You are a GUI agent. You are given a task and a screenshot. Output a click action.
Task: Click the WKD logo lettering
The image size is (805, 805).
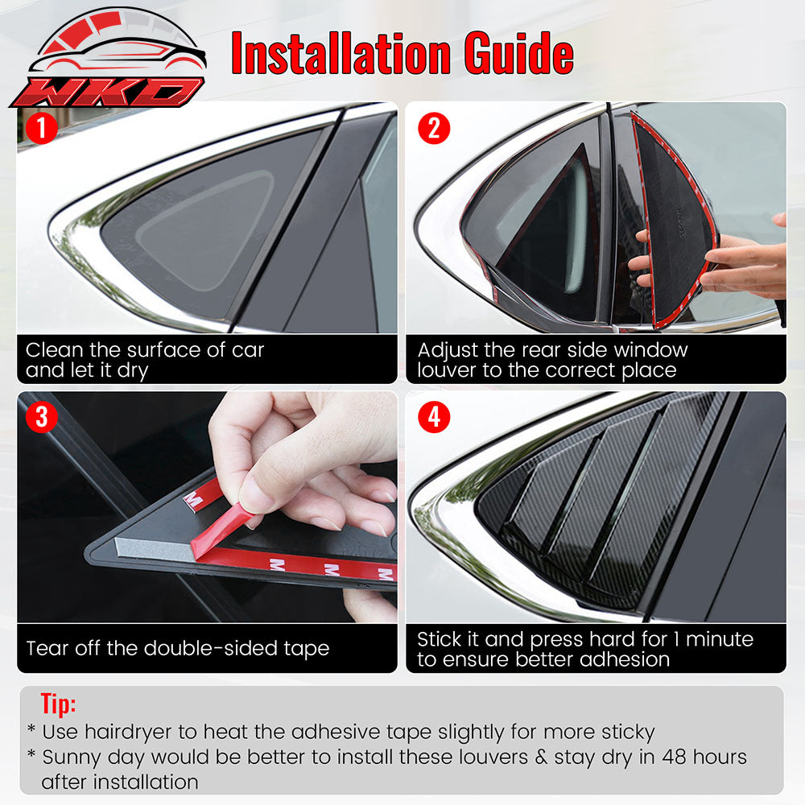(x=109, y=90)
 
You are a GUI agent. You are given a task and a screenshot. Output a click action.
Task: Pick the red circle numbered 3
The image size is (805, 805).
(x=41, y=417)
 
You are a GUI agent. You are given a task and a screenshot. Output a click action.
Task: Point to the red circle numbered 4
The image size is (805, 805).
(x=433, y=417)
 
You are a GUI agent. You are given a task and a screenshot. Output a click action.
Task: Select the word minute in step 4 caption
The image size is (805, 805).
(x=718, y=639)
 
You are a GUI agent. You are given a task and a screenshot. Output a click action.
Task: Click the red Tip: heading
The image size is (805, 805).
(x=58, y=704)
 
